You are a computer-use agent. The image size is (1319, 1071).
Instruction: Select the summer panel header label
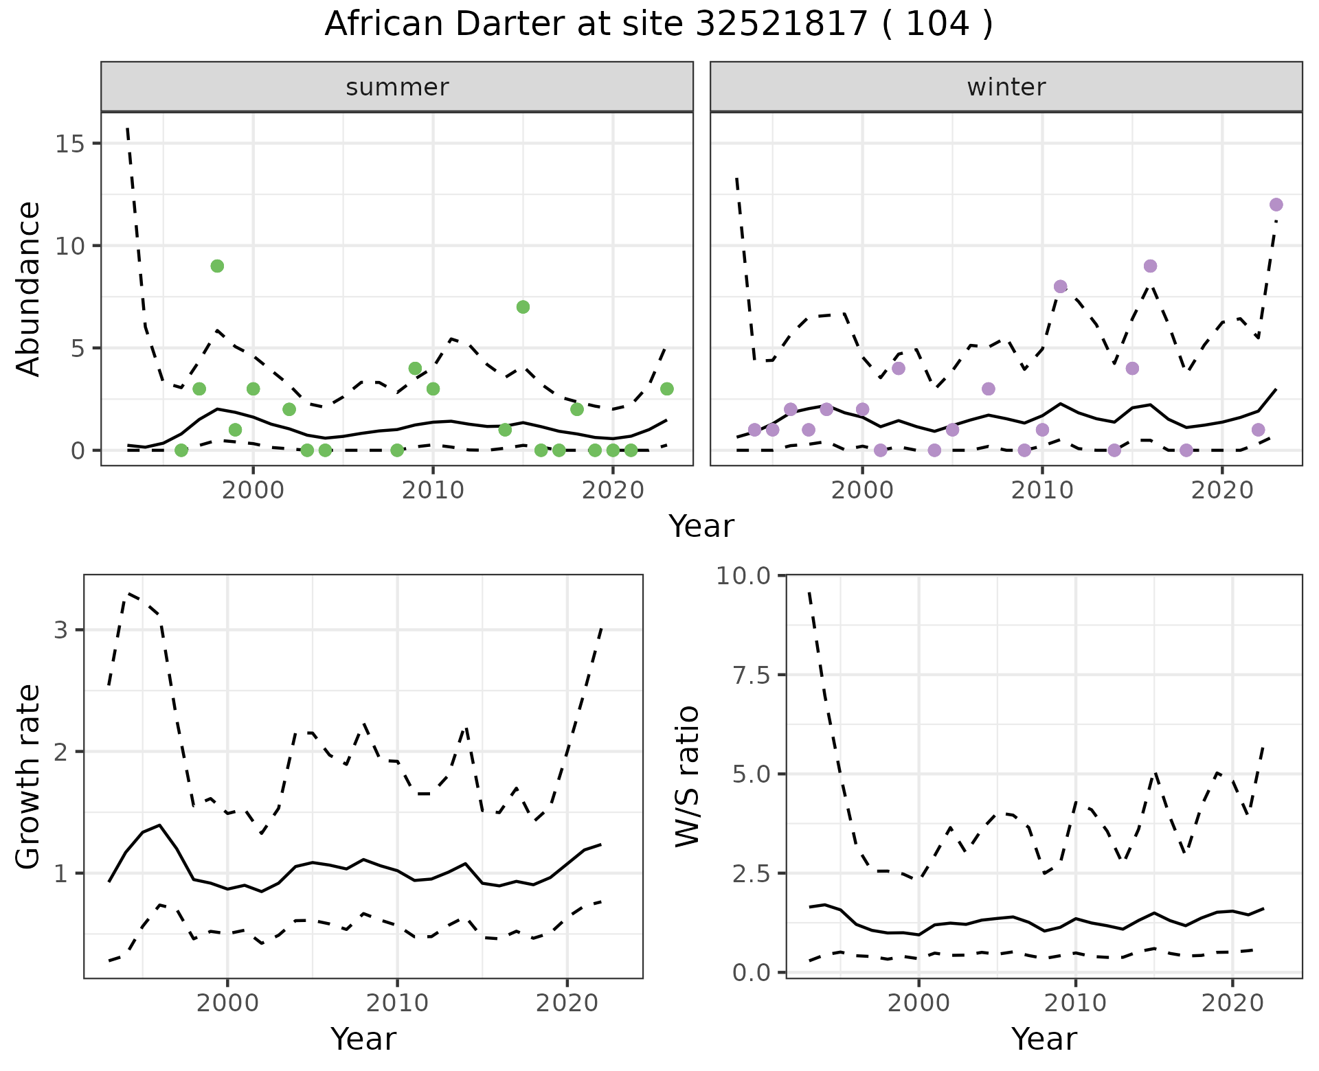click(397, 87)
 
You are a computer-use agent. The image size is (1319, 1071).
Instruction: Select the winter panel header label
click(1006, 87)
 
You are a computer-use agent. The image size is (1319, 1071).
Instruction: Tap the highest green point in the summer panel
click(217, 266)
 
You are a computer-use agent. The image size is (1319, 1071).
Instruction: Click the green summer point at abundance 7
click(523, 307)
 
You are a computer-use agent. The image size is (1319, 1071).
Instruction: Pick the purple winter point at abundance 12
click(1276, 205)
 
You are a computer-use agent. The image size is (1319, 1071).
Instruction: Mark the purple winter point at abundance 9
click(1150, 266)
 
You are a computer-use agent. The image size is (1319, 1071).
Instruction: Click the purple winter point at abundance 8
click(1060, 286)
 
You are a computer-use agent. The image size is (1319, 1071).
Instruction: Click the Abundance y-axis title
click(29, 288)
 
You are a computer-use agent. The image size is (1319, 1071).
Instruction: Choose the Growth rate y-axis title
click(29, 776)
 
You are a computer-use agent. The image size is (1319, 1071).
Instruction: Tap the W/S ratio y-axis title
click(687, 776)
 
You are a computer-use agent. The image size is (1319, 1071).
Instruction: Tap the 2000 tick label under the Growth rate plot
click(227, 1003)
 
